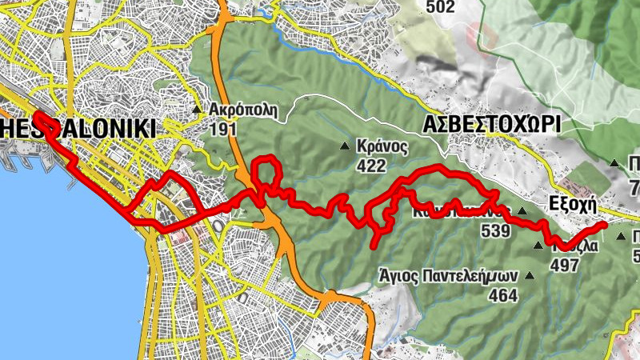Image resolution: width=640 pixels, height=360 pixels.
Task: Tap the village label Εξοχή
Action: click(574, 204)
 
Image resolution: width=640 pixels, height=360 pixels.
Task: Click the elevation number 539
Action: click(496, 231)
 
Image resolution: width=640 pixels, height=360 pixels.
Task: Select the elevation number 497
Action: click(565, 266)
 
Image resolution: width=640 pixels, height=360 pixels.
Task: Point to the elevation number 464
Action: click(503, 295)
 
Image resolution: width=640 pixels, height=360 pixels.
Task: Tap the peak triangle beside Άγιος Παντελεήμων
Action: click(530, 276)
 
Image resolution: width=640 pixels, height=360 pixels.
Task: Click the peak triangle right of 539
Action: click(522, 212)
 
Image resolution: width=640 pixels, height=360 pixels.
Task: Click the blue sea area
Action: click(48, 264)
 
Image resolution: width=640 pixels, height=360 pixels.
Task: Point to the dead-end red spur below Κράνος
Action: click(375, 245)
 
